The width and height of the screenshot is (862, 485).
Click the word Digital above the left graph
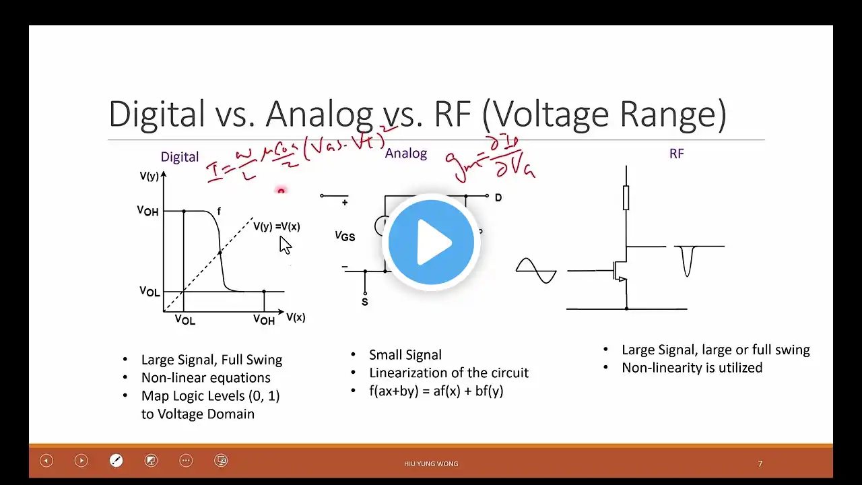coord(179,157)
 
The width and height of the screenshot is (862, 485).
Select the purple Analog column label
coord(405,154)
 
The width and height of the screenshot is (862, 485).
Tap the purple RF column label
coord(676,154)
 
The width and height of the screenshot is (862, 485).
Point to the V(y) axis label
coord(150,176)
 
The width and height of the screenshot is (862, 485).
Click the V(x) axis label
coord(296,317)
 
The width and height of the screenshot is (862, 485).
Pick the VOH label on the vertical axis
coord(147,211)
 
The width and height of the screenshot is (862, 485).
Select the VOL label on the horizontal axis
coord(185,319)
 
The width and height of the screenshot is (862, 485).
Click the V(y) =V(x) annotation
coord(276,226)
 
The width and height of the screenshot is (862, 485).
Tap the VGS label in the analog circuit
coord(345,236)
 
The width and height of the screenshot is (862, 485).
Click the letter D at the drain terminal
coord(498,198)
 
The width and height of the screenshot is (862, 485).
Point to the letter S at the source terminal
coord(365,302)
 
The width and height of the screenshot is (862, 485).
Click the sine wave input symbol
coord(536,271)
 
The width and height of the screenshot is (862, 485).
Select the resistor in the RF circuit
coord(626,198)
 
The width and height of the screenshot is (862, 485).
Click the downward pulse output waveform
coord(687,261)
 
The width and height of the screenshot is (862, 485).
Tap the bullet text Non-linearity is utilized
coord(692,368)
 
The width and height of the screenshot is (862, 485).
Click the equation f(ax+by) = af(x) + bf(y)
coord(436,391)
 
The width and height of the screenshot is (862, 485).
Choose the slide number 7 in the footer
coord(760,463)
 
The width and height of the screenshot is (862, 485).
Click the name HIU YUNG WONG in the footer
coord(431,463)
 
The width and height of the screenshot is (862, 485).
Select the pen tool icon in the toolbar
coord(116,461)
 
